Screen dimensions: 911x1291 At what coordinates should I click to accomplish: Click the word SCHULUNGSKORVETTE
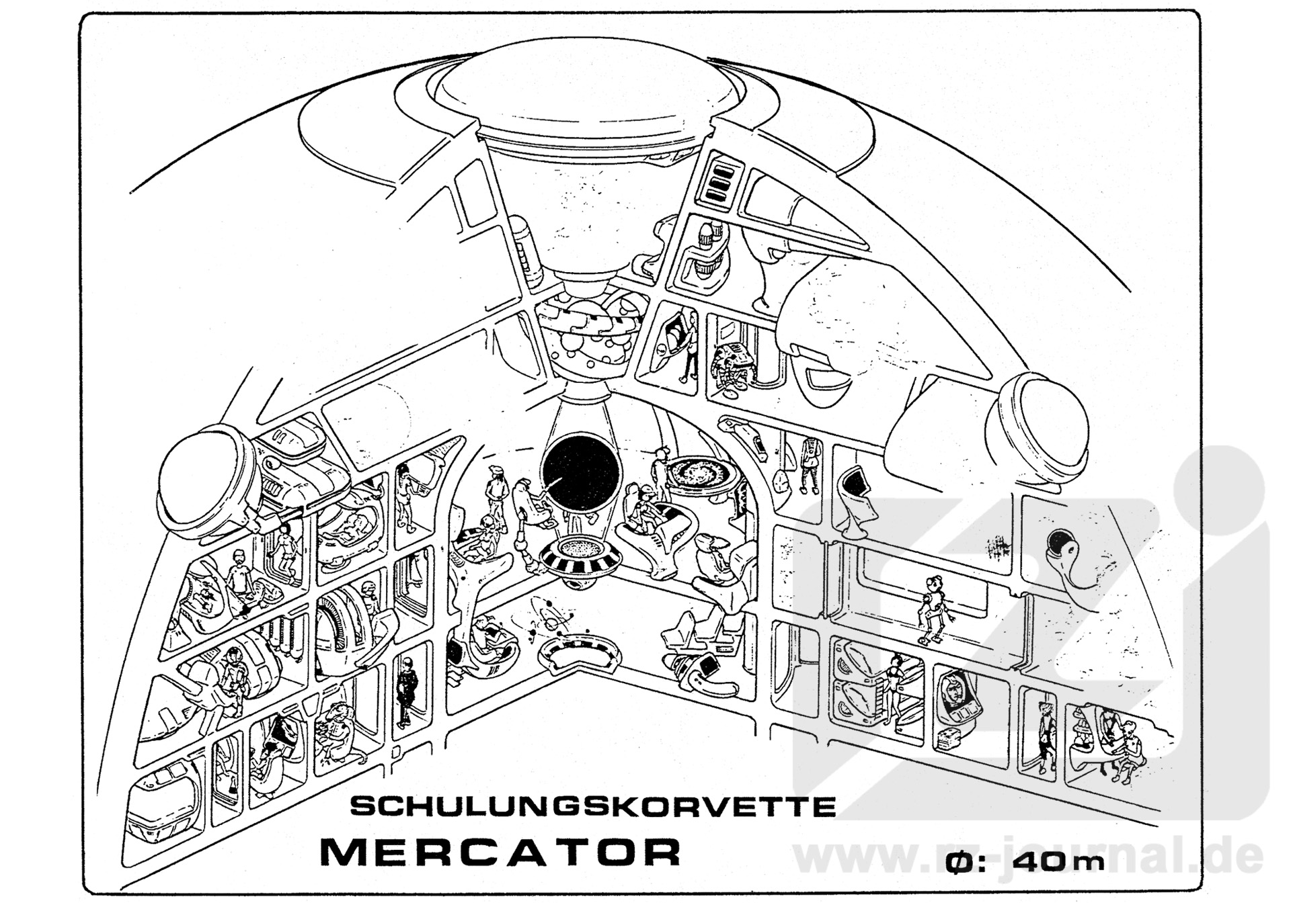tap(592, 806)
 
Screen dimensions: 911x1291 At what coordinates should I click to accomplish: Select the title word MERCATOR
tap(501, 852)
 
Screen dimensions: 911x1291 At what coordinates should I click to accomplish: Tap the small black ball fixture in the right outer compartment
tap(1060, 541)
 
